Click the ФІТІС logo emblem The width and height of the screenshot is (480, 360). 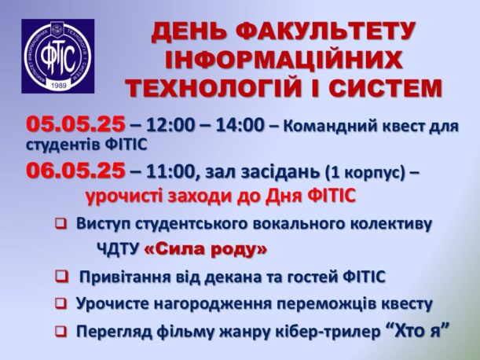coord(58,56)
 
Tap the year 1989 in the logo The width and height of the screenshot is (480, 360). coord(59,86)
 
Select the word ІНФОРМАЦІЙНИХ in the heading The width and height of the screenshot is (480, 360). coord(284,60)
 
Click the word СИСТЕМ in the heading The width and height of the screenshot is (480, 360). coord(386,88)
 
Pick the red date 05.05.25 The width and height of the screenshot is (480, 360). coord(75,124)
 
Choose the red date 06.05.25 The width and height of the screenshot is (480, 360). coord(75,171)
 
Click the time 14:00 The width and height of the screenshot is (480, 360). coord(240,125)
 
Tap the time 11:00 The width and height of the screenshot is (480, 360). coord(170,172)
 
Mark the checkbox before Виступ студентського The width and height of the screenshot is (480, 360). coord(61,224)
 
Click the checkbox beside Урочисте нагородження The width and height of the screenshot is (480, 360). coord(61,303)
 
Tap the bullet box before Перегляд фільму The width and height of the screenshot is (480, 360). coord(61,331)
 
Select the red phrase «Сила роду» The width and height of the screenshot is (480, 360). coord(206,249)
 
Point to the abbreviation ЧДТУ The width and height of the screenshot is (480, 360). coord(118,250)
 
